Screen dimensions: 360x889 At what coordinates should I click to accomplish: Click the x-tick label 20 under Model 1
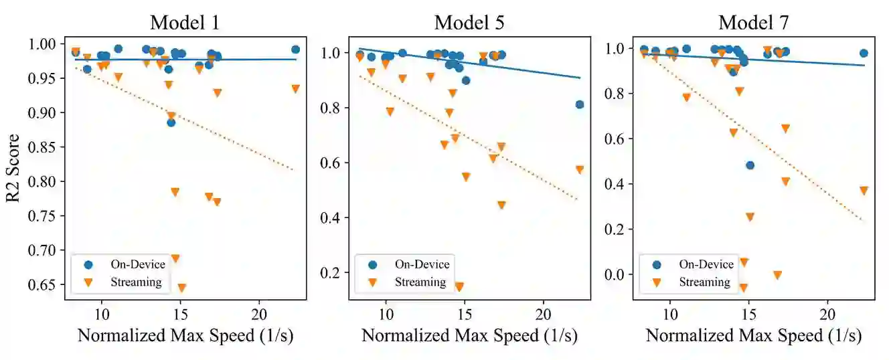pyautogui.click(x=260, y=315)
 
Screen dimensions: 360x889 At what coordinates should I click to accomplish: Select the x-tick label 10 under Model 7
pyautogui.click(x=669, y=315)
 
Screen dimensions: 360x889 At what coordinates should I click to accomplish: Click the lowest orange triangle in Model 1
pyautogui.click(x=181, y=288)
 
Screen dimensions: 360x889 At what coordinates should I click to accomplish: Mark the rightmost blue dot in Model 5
pyautogui.click(x=580, y=104)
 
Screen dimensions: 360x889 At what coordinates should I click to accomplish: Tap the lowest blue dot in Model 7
pyautogui.click(x=750, y=165)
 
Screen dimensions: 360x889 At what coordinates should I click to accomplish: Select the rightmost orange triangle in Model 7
pyautogui.click(x=864, y=190)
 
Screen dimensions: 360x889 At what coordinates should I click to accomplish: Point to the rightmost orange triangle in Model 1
pyautogui.click(x=295, y=88)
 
